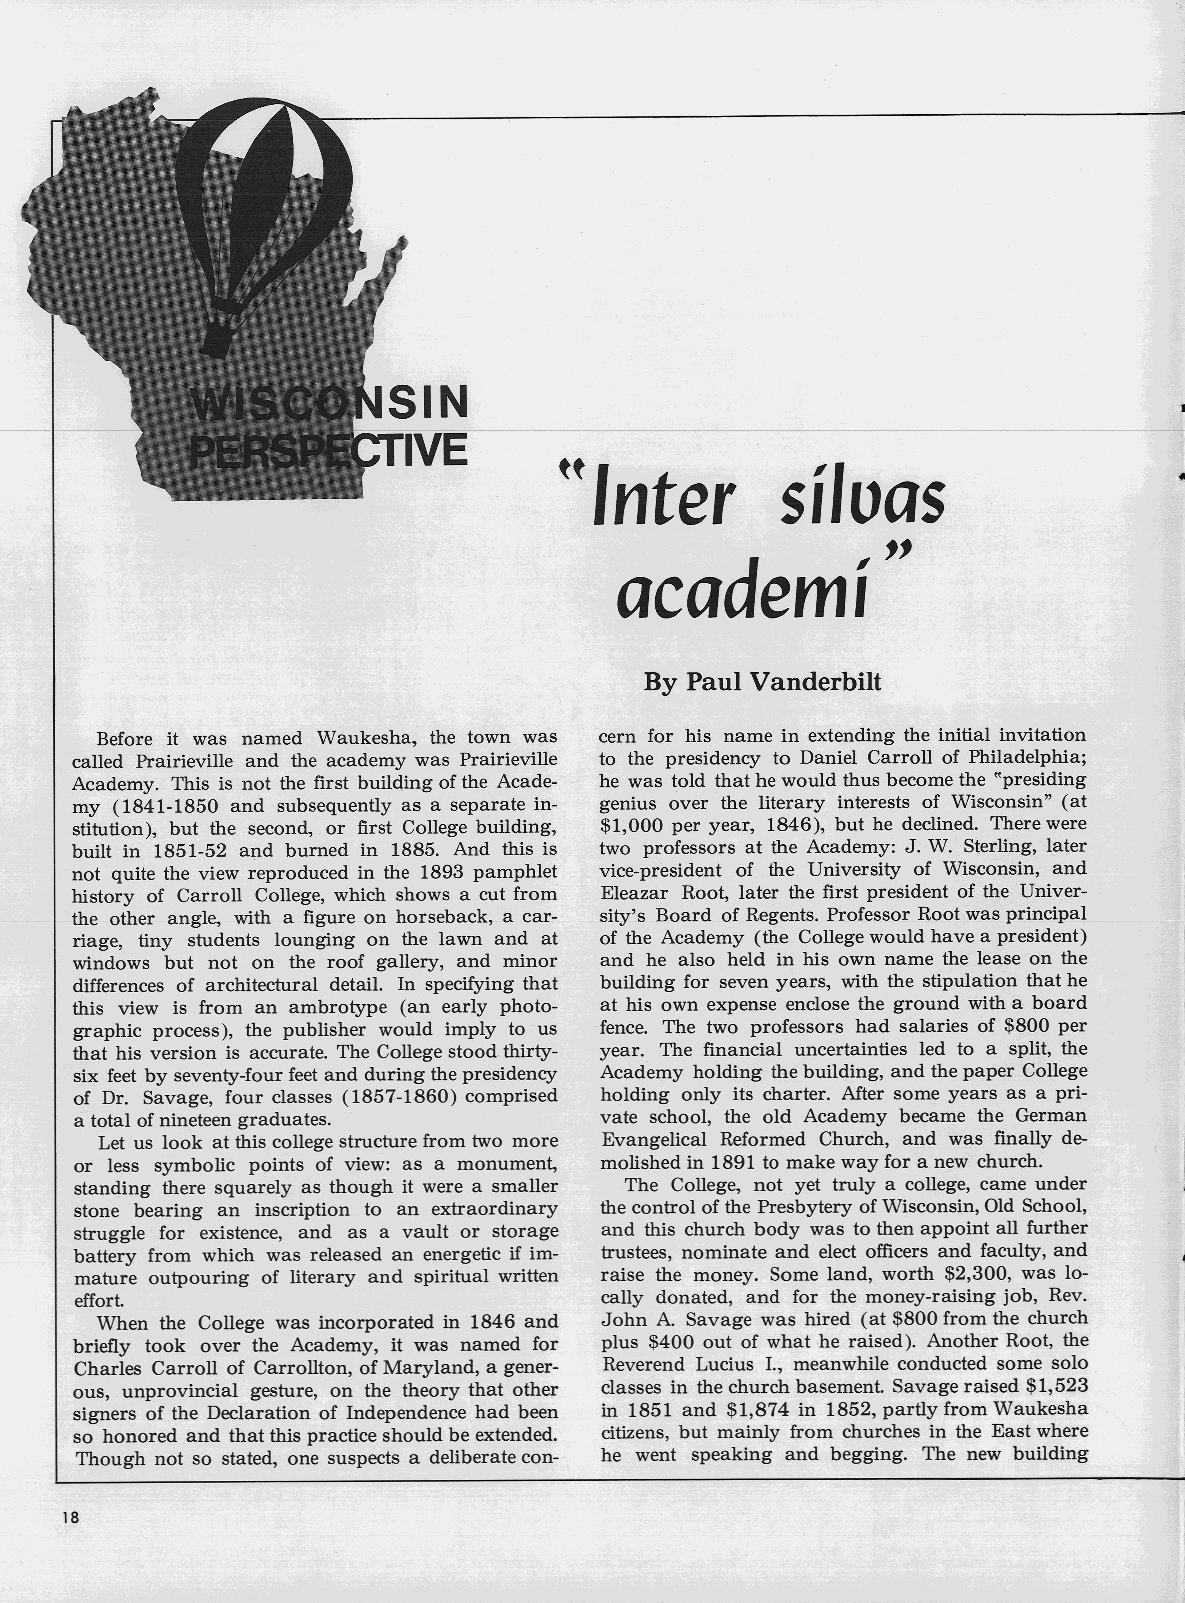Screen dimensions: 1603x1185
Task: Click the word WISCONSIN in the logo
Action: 329,403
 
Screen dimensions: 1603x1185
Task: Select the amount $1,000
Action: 632,825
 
